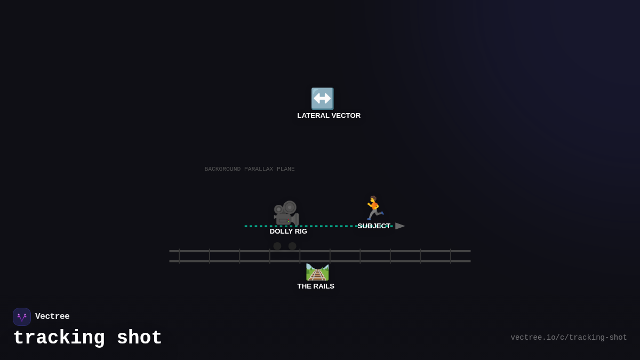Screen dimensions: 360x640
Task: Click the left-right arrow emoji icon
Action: (322, 99)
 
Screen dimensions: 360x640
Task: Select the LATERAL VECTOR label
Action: (329, 116)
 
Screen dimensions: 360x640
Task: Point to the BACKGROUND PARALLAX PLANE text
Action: (250, 169)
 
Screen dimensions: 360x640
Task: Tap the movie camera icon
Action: (286, 213)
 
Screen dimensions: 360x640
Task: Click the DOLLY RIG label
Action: (288, 231)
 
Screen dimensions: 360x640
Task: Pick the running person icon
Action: (374, 208)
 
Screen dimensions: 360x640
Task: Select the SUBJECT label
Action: (373, 226)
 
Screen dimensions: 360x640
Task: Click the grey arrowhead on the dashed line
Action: (400, 226)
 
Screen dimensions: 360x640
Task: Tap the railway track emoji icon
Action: (317, 272)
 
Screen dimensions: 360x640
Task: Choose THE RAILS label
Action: (316, 286)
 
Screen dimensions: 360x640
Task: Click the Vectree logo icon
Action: (22, 317)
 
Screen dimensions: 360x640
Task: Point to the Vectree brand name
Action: (52, 317)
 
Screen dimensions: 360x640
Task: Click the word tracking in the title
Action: (59, 338)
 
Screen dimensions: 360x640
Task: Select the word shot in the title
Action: (139, 338)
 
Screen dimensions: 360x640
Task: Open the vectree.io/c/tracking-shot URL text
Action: (569, 338)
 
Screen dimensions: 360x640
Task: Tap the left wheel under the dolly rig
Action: (277, 246)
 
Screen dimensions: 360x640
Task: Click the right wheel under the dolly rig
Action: (292, 246)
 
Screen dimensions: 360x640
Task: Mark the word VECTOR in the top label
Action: (344, 116)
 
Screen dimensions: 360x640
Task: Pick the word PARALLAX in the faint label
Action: (259, 169)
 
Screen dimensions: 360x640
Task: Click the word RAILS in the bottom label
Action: (323, 286)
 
